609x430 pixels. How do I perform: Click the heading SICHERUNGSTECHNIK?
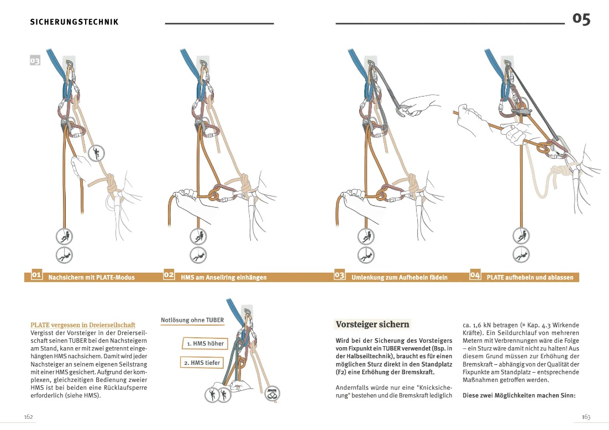pos(74,22)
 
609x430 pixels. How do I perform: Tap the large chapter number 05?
pos(581,19)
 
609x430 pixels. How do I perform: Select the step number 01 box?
pos(36,274)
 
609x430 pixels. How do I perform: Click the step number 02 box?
pos(169,274)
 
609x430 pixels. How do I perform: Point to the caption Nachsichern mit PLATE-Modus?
pos(91,277)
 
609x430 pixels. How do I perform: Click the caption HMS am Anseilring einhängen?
pos(223,277)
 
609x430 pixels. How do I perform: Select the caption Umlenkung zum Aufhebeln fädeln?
pos(399,277)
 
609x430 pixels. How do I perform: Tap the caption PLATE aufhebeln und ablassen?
pos(529,277)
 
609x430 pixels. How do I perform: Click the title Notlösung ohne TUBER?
pos(192,320)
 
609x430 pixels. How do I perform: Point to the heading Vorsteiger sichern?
pos(372,325)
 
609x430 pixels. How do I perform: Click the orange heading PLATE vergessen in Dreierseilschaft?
pos(83,325)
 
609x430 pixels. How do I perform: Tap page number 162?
pos(29,416)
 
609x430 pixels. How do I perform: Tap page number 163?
pos(586,416)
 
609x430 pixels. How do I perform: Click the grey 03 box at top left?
pos(35,61)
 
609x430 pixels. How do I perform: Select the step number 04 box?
pos(475,274)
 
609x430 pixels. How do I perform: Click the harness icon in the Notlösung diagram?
pos(272,394)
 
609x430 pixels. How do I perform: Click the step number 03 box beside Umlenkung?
pos(339,274)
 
